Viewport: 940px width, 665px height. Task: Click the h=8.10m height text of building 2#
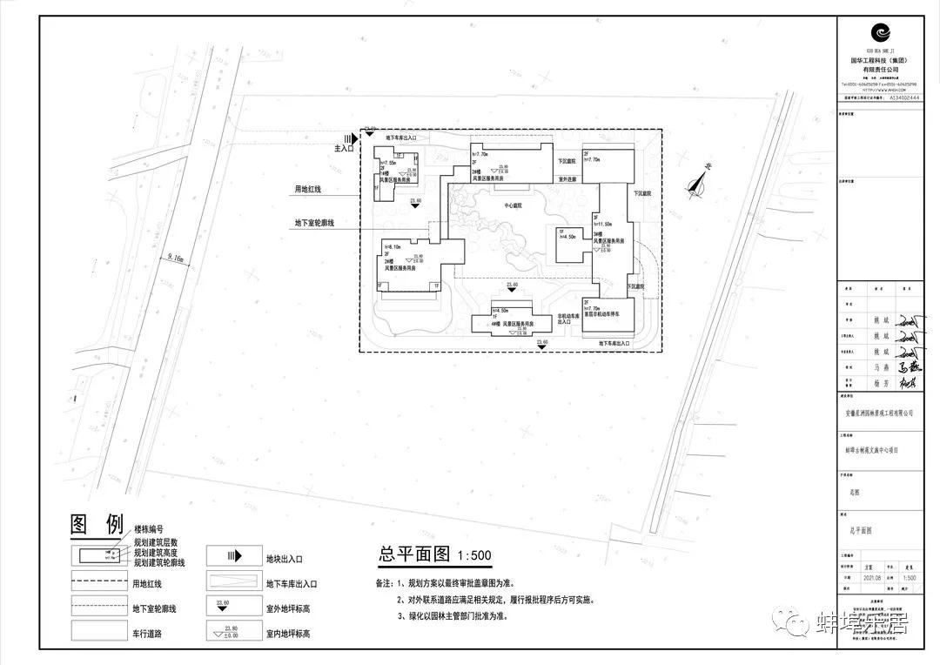click(x=393, y=246)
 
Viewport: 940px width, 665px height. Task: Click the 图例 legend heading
click(x=97, y=525)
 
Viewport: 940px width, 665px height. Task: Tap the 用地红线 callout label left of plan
click(x=308, y=189)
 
